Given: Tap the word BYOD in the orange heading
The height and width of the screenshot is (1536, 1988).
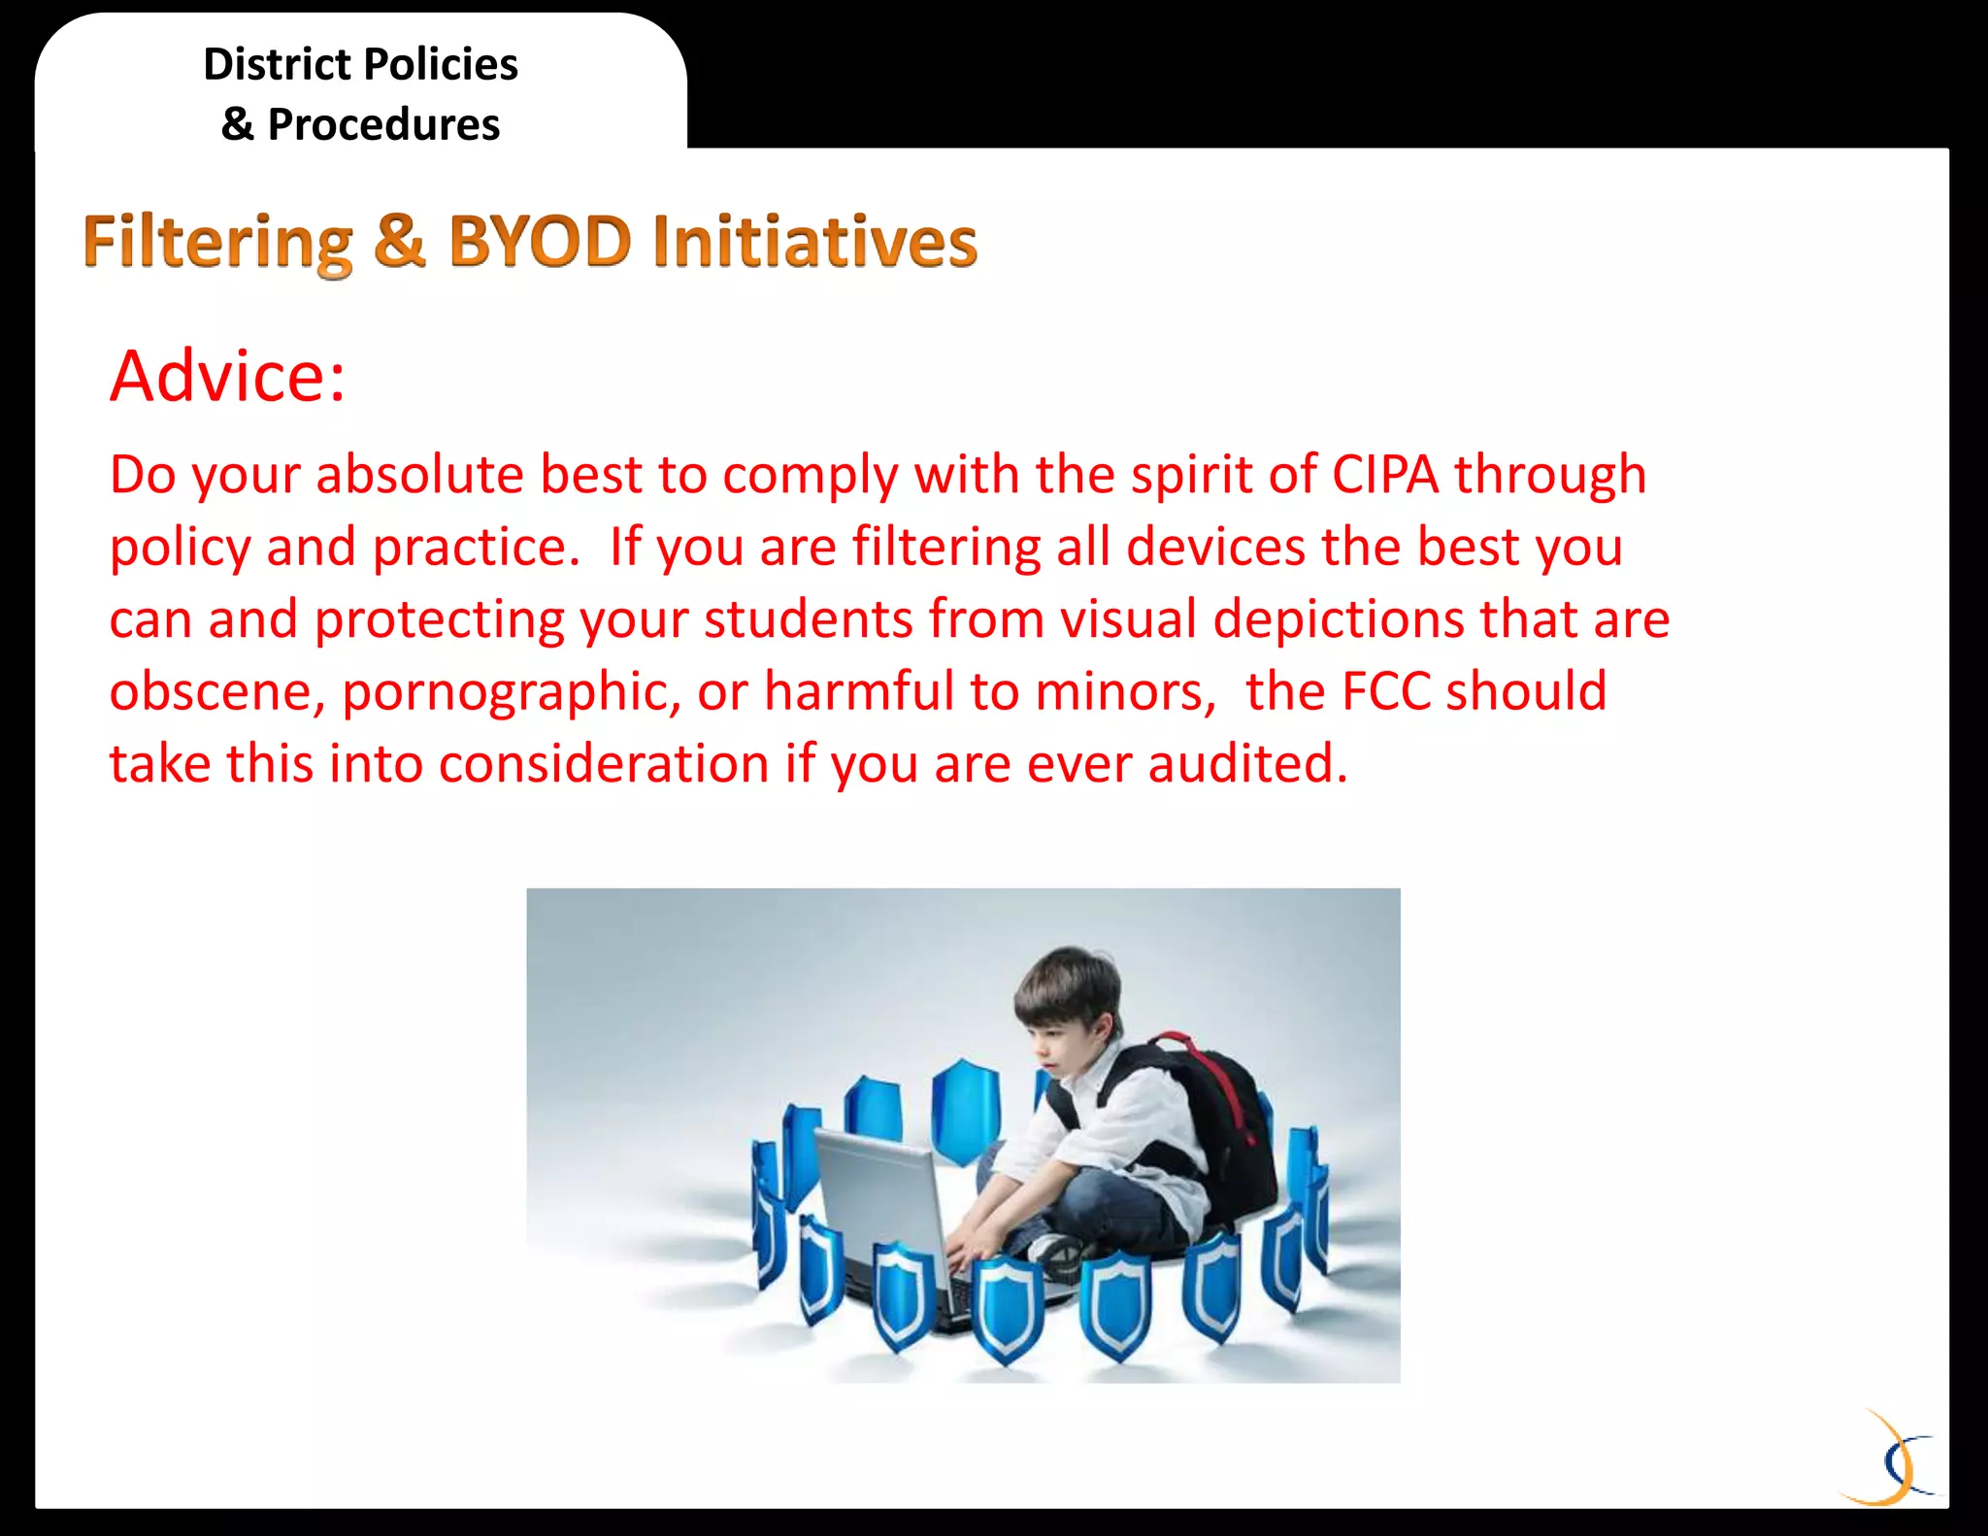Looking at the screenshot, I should pyautogui.click(x=540, y=241).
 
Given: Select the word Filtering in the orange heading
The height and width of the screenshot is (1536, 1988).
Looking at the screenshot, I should pyautogui.click(x=217, y=243).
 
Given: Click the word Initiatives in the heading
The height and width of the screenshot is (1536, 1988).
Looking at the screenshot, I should pyautogui.click(x=814, y=241).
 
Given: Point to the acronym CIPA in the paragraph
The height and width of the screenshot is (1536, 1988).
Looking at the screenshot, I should pyautogui.click(x=1385, y=475).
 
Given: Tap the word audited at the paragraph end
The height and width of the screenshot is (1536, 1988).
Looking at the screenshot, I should pyautogui.click(x=1247, y=763).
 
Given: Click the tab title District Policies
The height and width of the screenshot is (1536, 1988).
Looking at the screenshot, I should pyautogui.click(x=360, y=65).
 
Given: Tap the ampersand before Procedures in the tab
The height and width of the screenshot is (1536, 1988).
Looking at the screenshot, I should pyautogui.click(x=237, y=124).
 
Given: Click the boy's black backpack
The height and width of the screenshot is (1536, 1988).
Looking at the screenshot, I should pyautogui.click(x=1223, y=1126).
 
